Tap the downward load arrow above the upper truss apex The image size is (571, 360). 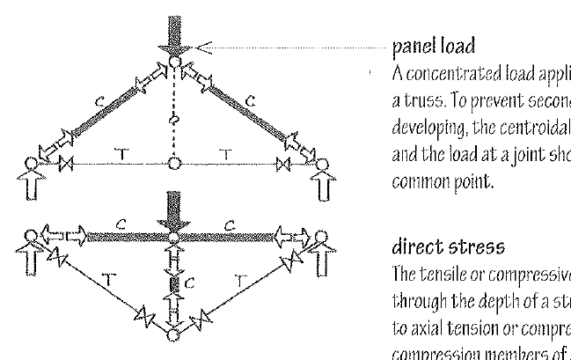[x=175, y=30]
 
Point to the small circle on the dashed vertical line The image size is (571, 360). [x=175, y=118]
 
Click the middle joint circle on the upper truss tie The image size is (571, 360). [x=175, y=163]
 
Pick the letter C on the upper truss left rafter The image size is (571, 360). [x=102, y=99]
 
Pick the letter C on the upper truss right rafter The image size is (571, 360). [x=251, y=99]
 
